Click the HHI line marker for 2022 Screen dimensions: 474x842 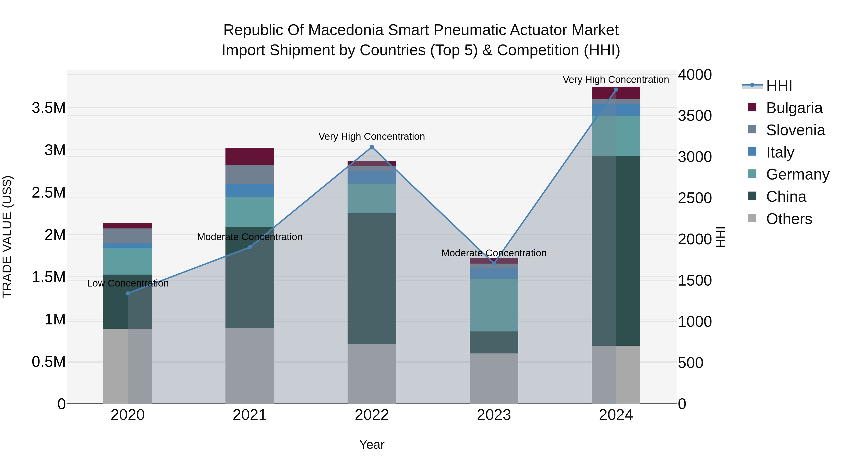click(372, 147)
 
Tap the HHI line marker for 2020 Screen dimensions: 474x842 click(128, 294)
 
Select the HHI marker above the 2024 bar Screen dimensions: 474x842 click(616, 90)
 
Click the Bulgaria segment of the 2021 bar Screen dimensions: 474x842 click(250, 156)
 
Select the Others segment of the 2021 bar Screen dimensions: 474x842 click(250, 365)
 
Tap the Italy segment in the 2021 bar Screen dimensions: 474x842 click(250, 190)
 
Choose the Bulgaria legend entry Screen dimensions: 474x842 click(794, 108)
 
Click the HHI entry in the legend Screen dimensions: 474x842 click(779, 86)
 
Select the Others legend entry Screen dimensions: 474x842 click(789, 219)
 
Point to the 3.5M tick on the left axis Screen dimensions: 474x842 click(49, 108)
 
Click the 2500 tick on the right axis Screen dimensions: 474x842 click(695, 198)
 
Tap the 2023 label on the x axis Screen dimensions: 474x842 click(494, 415)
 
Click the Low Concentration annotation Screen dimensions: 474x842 click(128, 283)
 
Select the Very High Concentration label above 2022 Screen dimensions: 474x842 click(372, 136)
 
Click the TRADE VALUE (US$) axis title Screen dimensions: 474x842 click(7, 237)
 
